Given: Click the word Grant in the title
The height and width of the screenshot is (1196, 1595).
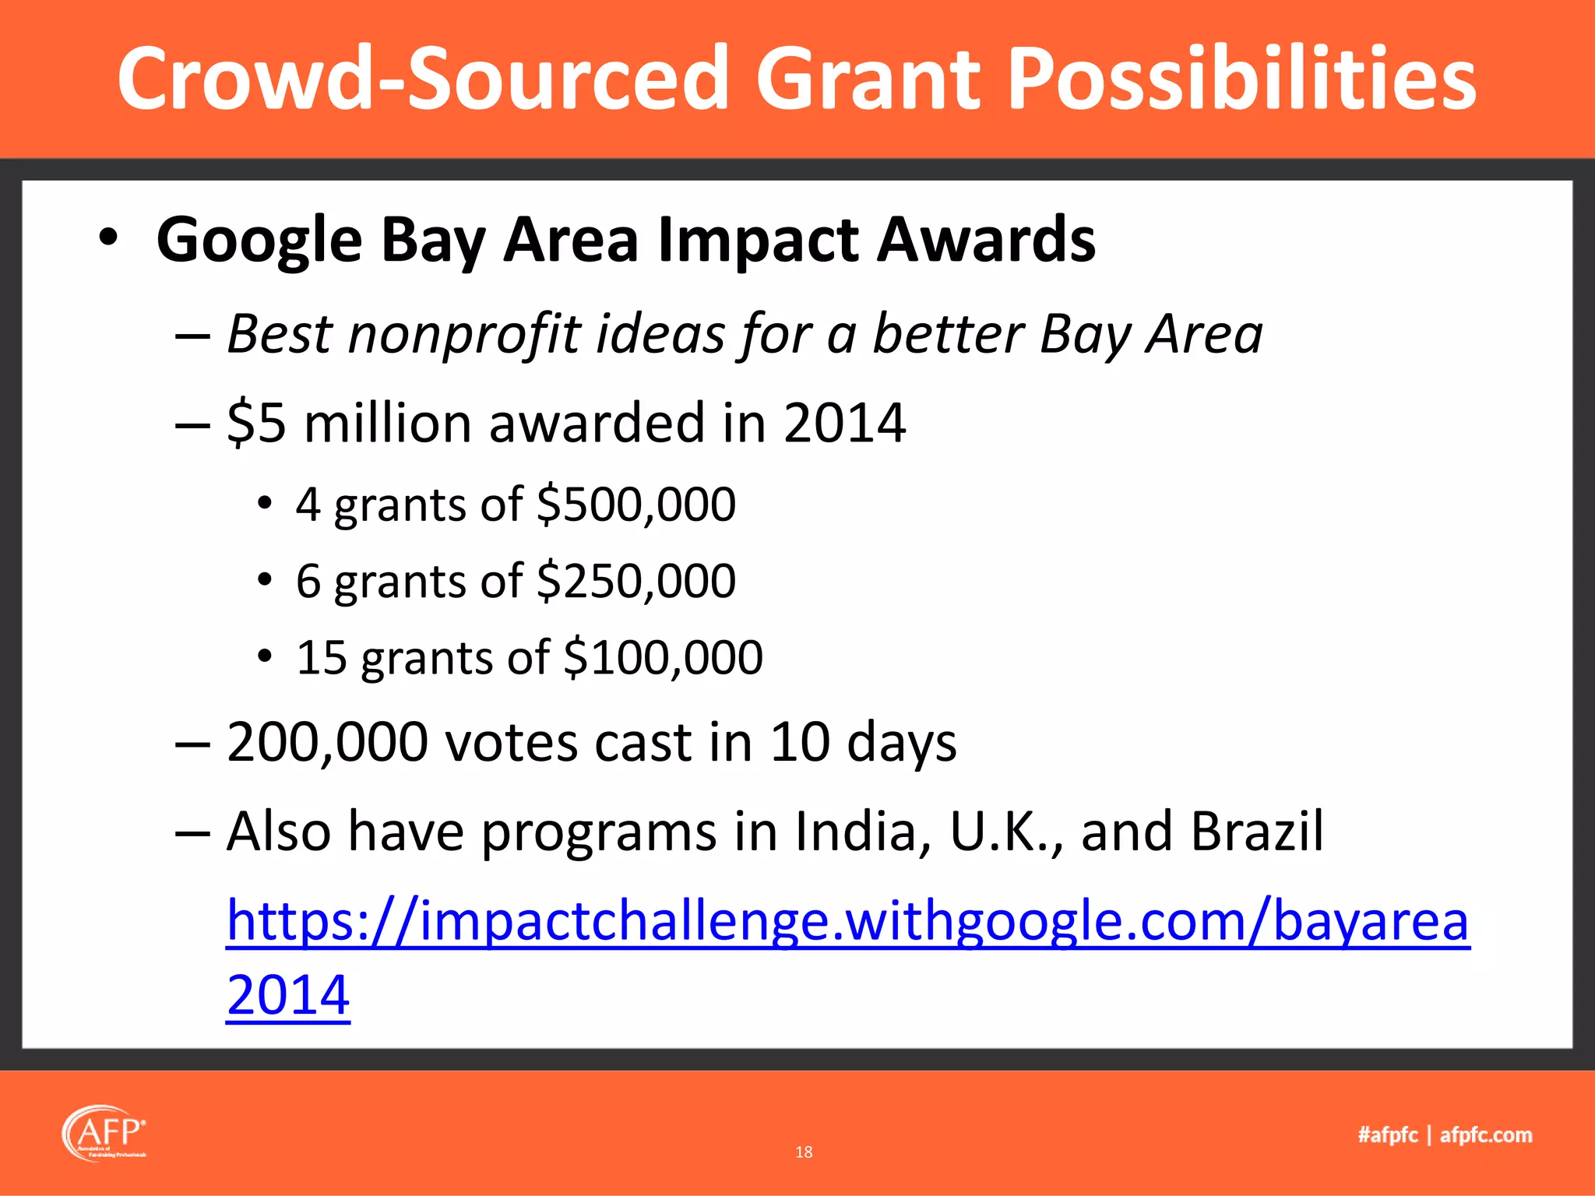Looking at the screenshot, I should (868, 78).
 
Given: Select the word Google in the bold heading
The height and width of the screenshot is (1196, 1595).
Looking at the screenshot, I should (259, 240).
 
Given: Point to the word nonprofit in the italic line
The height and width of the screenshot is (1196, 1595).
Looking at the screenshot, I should (464, 335).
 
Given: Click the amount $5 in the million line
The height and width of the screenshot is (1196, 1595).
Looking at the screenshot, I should (256, 423).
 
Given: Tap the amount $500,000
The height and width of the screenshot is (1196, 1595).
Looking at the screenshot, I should (636, 504).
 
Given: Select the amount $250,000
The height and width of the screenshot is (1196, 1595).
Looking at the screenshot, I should (636, 581).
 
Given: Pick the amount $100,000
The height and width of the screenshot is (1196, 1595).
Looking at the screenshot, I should (663, 657).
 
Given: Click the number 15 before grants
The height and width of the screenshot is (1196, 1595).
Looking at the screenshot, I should (321, 657).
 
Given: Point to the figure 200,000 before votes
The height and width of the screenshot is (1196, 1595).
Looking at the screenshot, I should (327, 741).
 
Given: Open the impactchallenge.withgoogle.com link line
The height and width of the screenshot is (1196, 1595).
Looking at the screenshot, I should (847, 921).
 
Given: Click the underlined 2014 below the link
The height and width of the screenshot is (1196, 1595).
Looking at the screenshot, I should (288, 995).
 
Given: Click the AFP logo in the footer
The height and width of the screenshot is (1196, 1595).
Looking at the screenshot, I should (104, 1133).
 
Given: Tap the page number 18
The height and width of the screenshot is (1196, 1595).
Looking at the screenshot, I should (804, 1152).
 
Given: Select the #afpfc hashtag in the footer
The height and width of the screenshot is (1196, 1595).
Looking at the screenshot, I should (1388, 1134).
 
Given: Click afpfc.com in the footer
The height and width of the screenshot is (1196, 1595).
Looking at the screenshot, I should (1485, 1134).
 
